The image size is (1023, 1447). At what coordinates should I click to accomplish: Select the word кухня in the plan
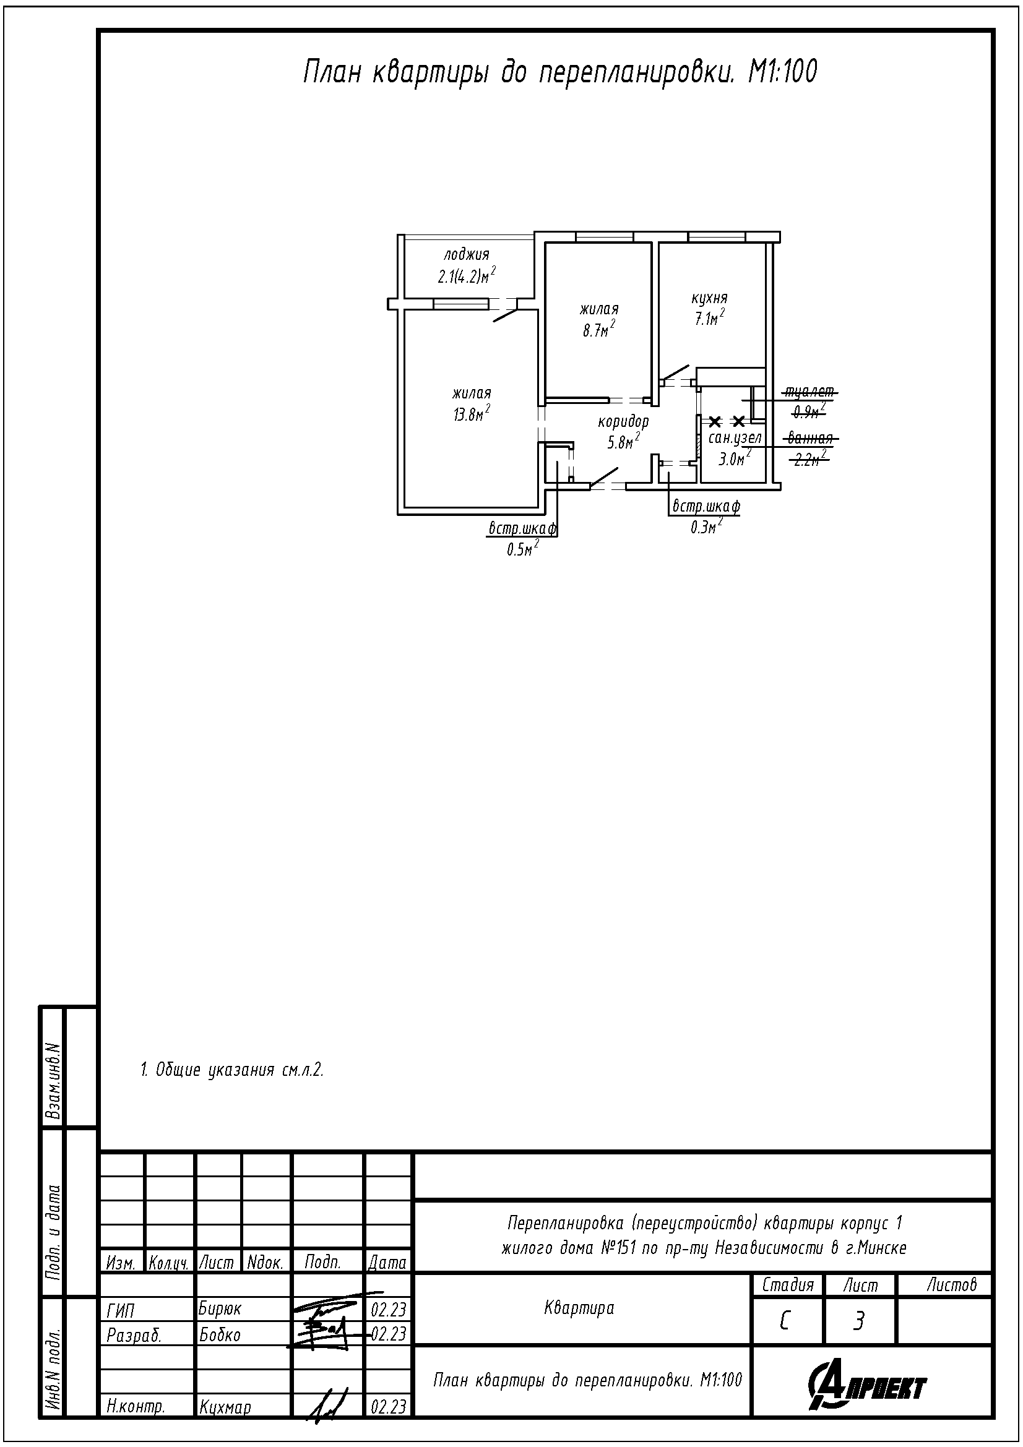[x=710, y=298]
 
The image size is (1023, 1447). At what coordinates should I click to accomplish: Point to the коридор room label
[x=623, y=421]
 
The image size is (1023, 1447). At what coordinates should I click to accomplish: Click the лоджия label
[x=467, y=255]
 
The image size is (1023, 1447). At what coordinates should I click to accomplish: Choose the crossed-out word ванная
[x=811, y=438]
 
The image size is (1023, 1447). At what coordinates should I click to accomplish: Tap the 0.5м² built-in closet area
[x=523, y=549]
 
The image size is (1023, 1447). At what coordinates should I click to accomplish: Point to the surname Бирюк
[x=220, y=1308]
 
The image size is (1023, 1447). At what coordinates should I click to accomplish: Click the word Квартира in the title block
[x=579, y=1308]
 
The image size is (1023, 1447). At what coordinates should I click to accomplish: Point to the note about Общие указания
[x=232, y=1070]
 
